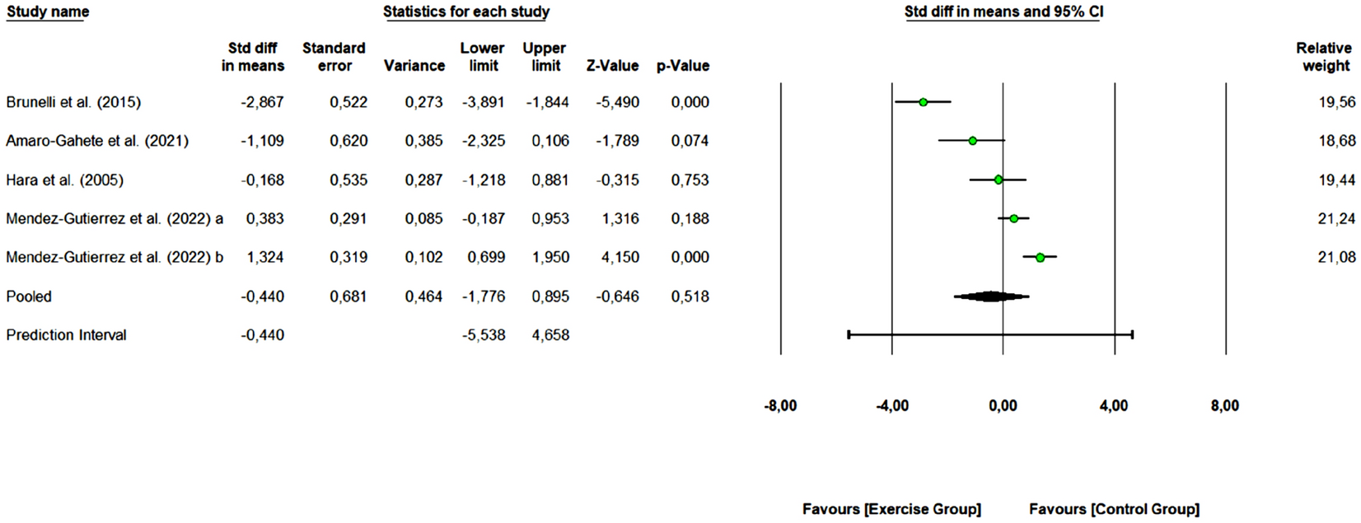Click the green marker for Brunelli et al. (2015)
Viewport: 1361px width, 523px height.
point(923,102)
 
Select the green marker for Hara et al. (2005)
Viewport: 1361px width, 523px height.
point(999,180)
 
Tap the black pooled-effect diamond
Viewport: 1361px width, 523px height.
point(991,297)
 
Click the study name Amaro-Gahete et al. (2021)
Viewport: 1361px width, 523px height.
point(97,141)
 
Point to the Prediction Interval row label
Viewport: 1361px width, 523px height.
point(66,335)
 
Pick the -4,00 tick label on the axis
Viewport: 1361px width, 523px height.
point(891,406)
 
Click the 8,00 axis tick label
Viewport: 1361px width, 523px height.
point(1225,406)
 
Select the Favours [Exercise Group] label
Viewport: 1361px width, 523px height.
point(891,509)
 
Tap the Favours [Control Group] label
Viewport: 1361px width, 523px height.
point(1114,509)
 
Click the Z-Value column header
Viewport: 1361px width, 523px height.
point(612,66)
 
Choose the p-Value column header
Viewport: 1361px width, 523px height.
point(682,66)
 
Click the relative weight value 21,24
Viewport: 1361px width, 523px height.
point(1336,218)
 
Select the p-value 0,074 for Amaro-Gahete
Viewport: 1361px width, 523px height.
point(690,141)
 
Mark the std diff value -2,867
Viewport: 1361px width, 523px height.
point(262,102)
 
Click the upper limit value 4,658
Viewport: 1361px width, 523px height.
point(550,335)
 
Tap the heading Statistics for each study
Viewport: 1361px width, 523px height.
point(466,12)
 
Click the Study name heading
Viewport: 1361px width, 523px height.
point(48,12)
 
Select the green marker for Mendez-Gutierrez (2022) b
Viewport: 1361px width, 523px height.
point(1040,258)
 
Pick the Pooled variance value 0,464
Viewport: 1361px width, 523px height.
point(423,297)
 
